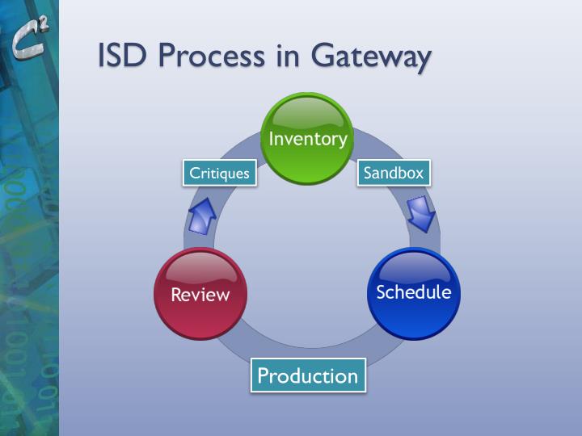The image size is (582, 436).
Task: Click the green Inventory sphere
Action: point(307,139)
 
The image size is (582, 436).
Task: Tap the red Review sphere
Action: point(200,294)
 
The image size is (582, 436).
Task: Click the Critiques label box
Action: point(219,173)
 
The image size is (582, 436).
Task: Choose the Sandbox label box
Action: point(394,173)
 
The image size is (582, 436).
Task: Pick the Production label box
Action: point(307,375)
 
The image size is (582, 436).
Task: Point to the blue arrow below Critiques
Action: point(201,216)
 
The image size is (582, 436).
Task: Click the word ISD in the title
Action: point(122,56)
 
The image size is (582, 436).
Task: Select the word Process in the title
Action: point(208,56)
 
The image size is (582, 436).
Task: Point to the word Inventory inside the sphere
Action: point(307,138)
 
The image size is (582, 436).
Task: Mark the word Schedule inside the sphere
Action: point(414,291)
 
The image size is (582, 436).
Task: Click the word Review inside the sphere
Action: point(200,295)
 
